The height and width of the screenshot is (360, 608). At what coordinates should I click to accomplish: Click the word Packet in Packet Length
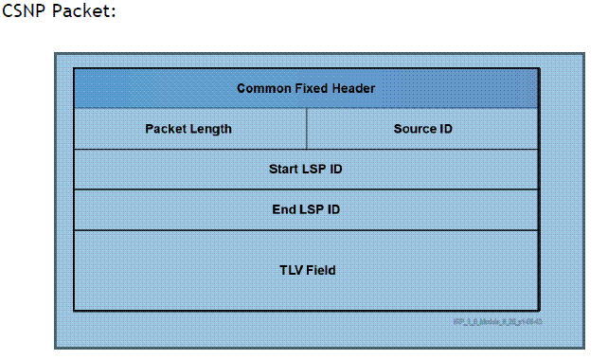[x=165, y=129]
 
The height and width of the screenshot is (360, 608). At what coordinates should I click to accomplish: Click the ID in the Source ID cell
[x=445, y=129]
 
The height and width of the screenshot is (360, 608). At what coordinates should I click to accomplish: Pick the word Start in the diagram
[x=284, y=170]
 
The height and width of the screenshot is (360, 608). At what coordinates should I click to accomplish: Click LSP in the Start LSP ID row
[x=314, y=170]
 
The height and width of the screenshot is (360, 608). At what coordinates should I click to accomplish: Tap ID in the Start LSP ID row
[x=336, y=170]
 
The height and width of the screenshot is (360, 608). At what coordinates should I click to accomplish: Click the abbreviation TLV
[x=290, y=270]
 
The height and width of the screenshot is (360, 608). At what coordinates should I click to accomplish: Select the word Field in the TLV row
[x=320, y=270]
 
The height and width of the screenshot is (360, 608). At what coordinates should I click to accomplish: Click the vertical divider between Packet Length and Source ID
[x=307, y=129]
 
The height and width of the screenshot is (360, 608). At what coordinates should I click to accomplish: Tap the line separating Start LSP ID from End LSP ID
[x=306, y=189]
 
